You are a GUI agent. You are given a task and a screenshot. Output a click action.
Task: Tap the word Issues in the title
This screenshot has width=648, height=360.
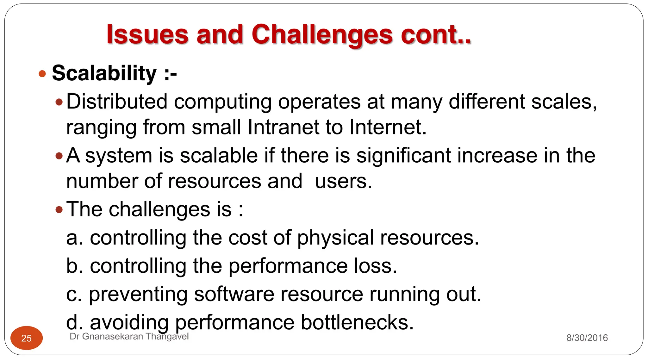click(x=147, y=35)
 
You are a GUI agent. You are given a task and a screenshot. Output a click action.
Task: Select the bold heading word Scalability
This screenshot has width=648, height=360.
click(x=104, y=73)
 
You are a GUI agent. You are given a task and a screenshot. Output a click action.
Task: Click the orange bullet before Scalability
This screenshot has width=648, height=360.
click(x=42, y=74)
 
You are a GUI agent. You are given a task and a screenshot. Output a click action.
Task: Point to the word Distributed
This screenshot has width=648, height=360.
click(x=117, y=102)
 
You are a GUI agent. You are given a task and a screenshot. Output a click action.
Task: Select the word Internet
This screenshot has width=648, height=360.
click(x=388, y=127)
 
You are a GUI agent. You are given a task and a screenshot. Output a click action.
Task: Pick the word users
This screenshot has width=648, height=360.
click(x=343, y=181)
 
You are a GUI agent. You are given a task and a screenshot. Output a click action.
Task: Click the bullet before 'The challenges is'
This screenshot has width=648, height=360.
click(x=59, y=209)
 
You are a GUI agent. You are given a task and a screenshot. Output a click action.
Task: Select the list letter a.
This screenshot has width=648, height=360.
click(x=72, y=238)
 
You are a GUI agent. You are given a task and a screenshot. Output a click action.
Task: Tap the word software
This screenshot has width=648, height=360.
click(x=234, y=294)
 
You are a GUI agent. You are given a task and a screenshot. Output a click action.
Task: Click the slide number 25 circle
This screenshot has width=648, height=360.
click(x=27, y=338)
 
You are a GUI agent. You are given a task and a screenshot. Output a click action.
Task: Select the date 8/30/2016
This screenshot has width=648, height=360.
click(x=587, y=338)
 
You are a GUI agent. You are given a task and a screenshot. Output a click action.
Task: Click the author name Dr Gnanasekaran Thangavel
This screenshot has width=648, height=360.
click(x=129, y=337)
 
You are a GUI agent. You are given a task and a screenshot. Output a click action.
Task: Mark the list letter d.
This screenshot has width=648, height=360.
click(x=72, y=322)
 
